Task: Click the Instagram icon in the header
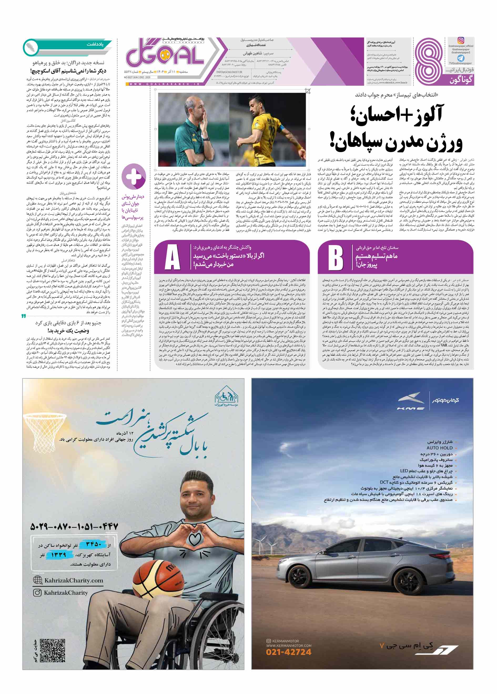(x=461, y=40)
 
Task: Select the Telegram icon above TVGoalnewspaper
(x=461, y=58)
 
